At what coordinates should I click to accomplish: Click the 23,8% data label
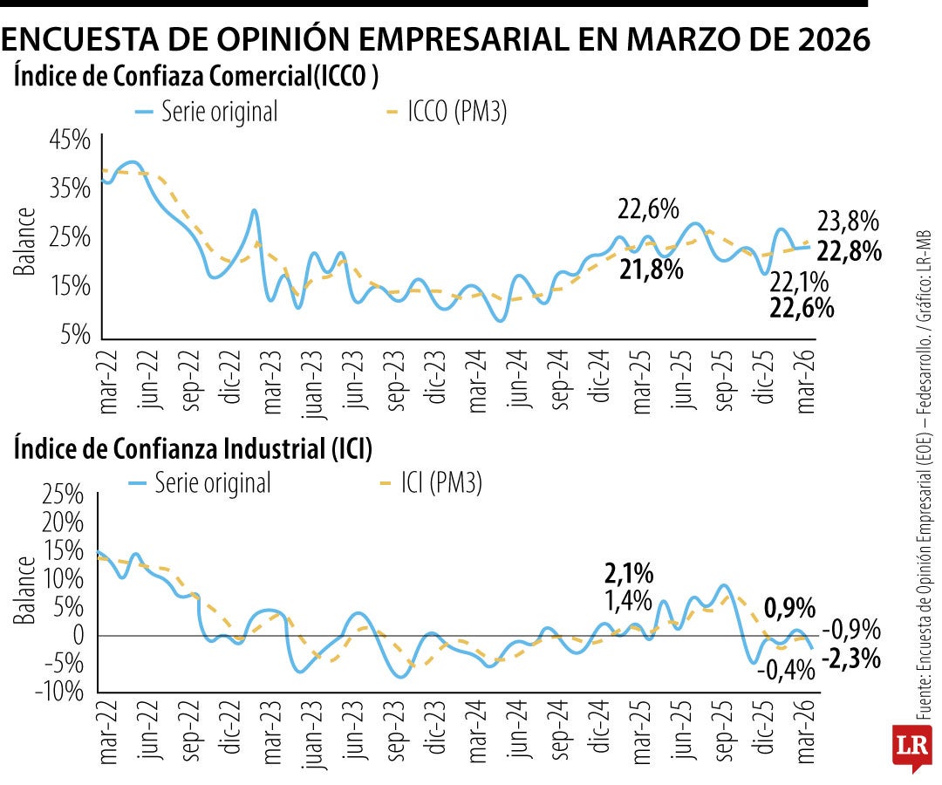click(x=847, y=222)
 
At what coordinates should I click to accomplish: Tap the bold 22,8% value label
click(x=847, y=251)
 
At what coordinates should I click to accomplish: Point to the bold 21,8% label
click(x=651, y=270)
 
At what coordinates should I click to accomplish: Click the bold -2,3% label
click(x=850, y=659)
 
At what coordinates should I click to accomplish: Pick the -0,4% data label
click(x=785, y=670)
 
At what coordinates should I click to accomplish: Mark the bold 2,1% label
click(x=628, y=573)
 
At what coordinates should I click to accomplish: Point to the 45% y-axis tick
click(x=69, y=140)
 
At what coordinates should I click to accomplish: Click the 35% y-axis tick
click(x=69, y=188)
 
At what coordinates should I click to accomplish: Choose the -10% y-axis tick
click(x=58, y=692)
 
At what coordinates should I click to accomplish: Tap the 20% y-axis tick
click(x=63, y=523)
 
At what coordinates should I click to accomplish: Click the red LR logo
click(x=912, y=747)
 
